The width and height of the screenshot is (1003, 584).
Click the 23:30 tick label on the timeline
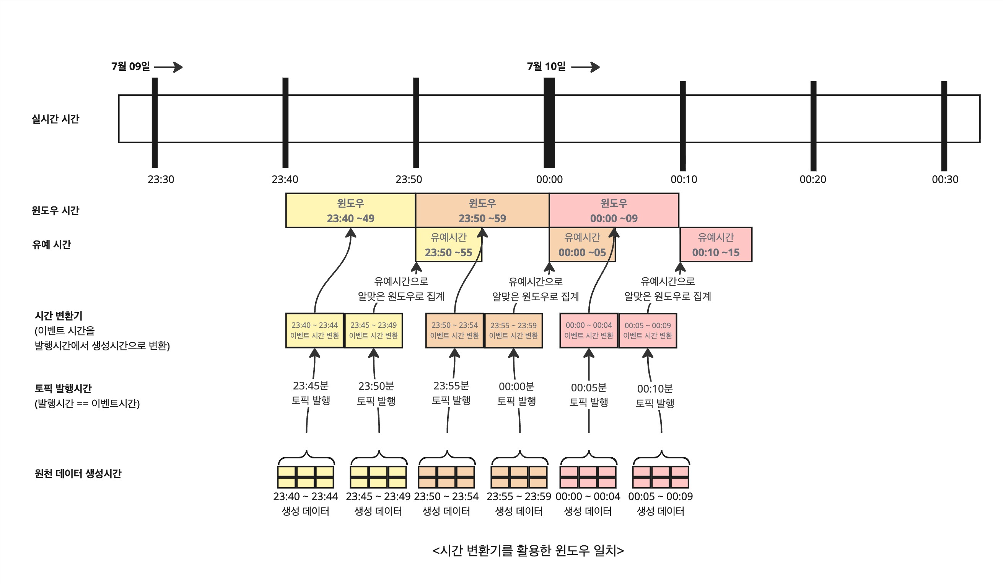pos(161,179)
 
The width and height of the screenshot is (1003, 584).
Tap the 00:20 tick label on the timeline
pos(813,179)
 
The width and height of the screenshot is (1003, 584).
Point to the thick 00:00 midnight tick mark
pos(549,122)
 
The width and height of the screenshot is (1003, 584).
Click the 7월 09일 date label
pos(130,66)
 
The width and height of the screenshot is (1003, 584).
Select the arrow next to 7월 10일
pos(585,67)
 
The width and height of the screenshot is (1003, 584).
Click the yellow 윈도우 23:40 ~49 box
pos(350,210)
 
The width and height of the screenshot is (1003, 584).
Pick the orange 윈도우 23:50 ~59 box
pos(482,210)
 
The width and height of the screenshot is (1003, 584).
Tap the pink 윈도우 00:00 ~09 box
pos(614,210)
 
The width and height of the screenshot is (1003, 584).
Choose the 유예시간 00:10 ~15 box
pos(716,245)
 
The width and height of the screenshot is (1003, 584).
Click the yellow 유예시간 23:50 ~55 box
pos(448,245)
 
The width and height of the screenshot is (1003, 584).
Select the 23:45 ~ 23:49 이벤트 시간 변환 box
pos(373,330)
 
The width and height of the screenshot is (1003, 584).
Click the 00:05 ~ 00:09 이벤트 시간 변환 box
pos(648,330)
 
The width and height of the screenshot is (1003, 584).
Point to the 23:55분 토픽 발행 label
pos(451,393)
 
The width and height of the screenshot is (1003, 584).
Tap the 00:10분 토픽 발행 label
pos(655,396)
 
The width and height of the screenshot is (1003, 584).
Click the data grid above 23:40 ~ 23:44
pos(306,477)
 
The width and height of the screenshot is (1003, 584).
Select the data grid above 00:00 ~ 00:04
pos(588,477)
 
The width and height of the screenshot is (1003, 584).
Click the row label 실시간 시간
pos(55,119)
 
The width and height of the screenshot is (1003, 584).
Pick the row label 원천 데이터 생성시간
pos(78,473)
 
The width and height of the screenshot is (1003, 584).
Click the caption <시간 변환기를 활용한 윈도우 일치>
pos(528,550)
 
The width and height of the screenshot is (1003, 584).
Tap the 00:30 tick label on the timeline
pos(945,179)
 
